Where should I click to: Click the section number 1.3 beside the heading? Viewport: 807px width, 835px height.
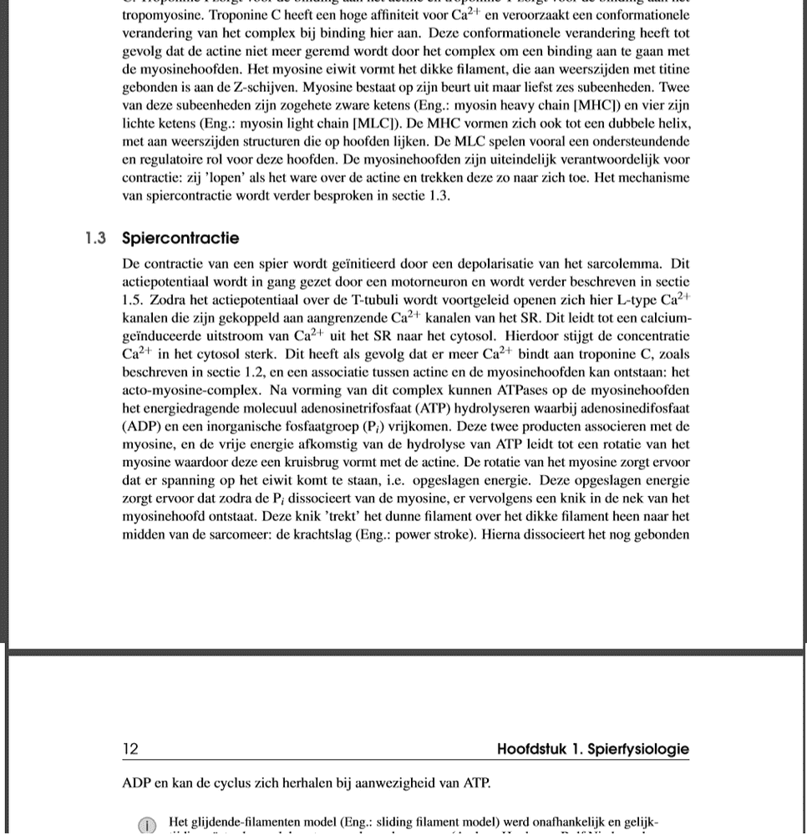tap(94, 239)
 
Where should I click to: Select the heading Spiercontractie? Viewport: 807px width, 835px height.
tap(180, 239)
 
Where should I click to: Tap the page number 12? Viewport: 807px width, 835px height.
tap(130, 749)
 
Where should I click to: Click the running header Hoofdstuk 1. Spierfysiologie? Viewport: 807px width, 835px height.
tap(592, 749)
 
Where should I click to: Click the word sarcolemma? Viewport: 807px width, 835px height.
tap(623, 265)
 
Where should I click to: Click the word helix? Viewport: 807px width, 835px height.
tap(673, 124)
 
